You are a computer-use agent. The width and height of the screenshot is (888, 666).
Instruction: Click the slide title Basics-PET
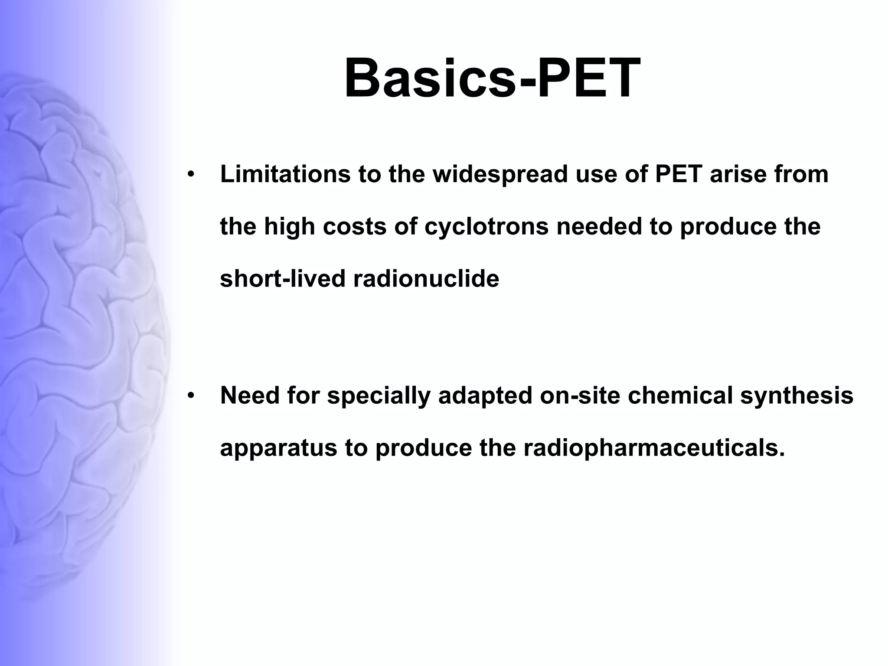point(492,78)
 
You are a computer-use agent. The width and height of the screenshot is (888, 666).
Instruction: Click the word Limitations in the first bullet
point(285,174)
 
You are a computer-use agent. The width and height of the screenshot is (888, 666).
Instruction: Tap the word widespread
point(500,174)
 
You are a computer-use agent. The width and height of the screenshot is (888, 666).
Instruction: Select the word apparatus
point(278,448)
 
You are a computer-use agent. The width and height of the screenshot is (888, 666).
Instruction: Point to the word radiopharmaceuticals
point(654,448)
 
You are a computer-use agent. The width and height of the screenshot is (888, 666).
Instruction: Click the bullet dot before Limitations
point(191,175)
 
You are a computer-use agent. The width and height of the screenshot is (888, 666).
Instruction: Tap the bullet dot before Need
point(191,396)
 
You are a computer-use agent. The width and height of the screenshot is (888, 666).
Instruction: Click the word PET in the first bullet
point(679,174)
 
